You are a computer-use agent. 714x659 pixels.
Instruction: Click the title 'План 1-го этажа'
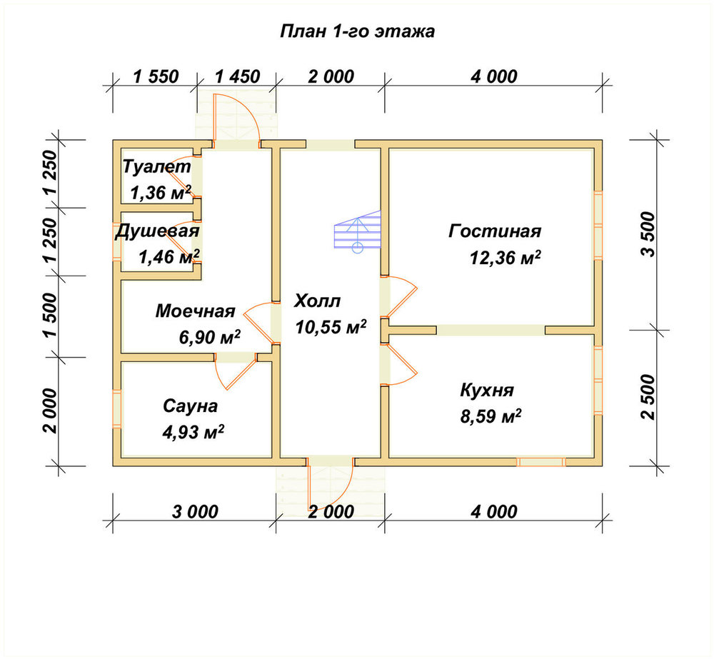point(358,31)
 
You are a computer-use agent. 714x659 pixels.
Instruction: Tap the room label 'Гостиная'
point(495,231)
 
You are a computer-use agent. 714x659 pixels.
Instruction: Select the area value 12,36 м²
point(505,258)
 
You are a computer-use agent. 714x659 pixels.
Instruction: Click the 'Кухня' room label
point(487,391)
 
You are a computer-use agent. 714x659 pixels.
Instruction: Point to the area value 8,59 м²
point(491,416)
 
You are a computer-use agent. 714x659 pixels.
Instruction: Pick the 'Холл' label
point(318,301)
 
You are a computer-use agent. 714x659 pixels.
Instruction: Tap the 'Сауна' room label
point(191,406)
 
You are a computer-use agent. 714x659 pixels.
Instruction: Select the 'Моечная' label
point(196,311)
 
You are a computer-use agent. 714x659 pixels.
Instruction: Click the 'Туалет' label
point(156,166)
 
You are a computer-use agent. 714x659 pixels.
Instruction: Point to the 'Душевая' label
point(157,231)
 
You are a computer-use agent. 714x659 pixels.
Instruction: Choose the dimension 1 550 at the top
point(156,76)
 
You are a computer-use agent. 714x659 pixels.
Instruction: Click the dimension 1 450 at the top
point(237,76)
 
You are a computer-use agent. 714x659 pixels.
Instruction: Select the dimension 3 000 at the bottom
point(196,511)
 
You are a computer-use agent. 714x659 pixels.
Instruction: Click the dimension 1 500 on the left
point(51,315)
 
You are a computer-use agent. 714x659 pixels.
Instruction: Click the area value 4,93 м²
point(193,432)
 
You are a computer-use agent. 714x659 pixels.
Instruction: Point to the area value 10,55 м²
point(331,326)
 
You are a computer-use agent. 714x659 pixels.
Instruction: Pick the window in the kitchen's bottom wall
point(541,462)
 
